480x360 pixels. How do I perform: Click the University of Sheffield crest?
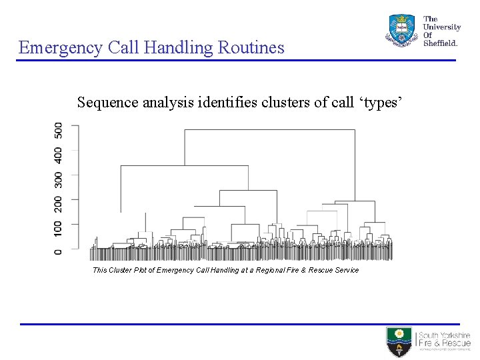pos(401,30)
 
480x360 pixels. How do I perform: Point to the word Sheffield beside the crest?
pos(441,43)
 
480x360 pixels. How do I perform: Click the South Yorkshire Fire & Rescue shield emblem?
pos(399,341)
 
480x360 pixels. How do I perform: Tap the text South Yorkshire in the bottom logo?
pos(444,335)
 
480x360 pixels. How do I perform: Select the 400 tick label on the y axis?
pos(59,155)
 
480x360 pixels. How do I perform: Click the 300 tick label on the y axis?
pos(59,179)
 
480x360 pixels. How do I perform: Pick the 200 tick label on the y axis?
pos(59,204)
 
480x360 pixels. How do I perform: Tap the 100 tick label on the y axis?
pos(59,229)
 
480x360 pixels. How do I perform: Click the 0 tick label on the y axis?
pos(59,251)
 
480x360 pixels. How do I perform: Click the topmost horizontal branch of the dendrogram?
pos(269,130)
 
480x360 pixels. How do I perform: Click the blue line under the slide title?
pos(236,61)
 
